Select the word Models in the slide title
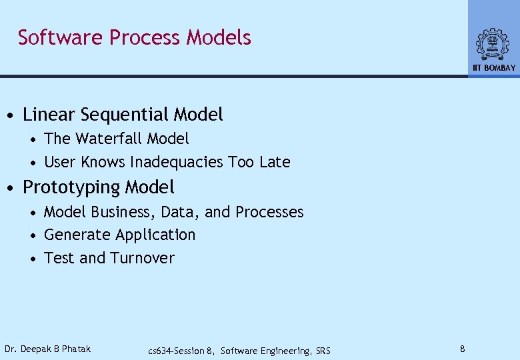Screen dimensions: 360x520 219,37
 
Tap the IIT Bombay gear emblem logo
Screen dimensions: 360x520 493,44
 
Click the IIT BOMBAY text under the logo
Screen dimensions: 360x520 494,68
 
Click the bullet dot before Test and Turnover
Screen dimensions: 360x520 33,259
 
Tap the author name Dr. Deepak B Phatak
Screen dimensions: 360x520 47,349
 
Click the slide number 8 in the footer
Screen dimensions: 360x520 462,349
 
